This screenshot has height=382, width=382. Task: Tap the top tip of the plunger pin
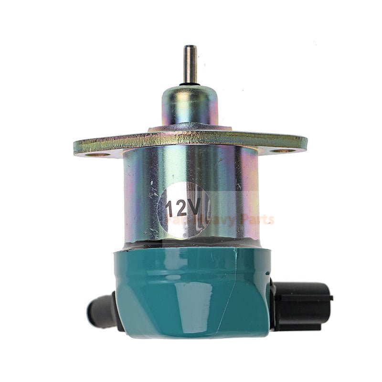(x=191, y=47)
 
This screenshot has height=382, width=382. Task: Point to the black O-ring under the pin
(x=191, y=85)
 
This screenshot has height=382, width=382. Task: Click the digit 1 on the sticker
(x=170, y=209)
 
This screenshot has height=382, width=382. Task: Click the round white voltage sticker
(x=184, y=210)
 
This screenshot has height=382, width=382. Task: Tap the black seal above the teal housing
(x=191, y=244)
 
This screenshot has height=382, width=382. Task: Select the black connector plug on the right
(x=302, y=306)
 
